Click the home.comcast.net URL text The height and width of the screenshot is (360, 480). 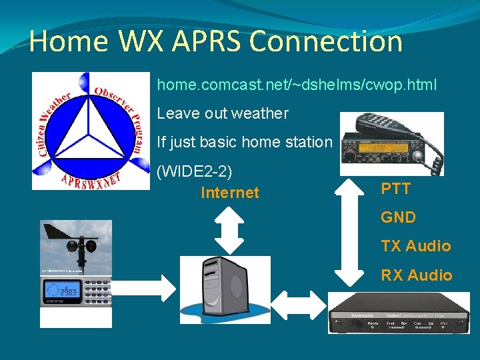tap(297, 85)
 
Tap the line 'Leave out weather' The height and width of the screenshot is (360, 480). tap(223, 113)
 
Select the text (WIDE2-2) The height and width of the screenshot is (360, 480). tap(194, 171)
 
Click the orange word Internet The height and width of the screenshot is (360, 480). tap(229, 193)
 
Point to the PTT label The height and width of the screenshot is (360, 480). tap(395, 189)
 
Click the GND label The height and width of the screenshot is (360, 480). tap(398, 217)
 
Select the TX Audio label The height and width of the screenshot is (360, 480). tap(416, 246)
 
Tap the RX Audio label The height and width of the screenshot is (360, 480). tap(416, 275)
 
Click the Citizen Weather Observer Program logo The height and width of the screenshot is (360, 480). tap(91, 131)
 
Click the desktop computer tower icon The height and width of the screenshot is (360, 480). tap(220, 290)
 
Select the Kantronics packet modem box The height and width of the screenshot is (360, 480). tap(398, 313)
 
